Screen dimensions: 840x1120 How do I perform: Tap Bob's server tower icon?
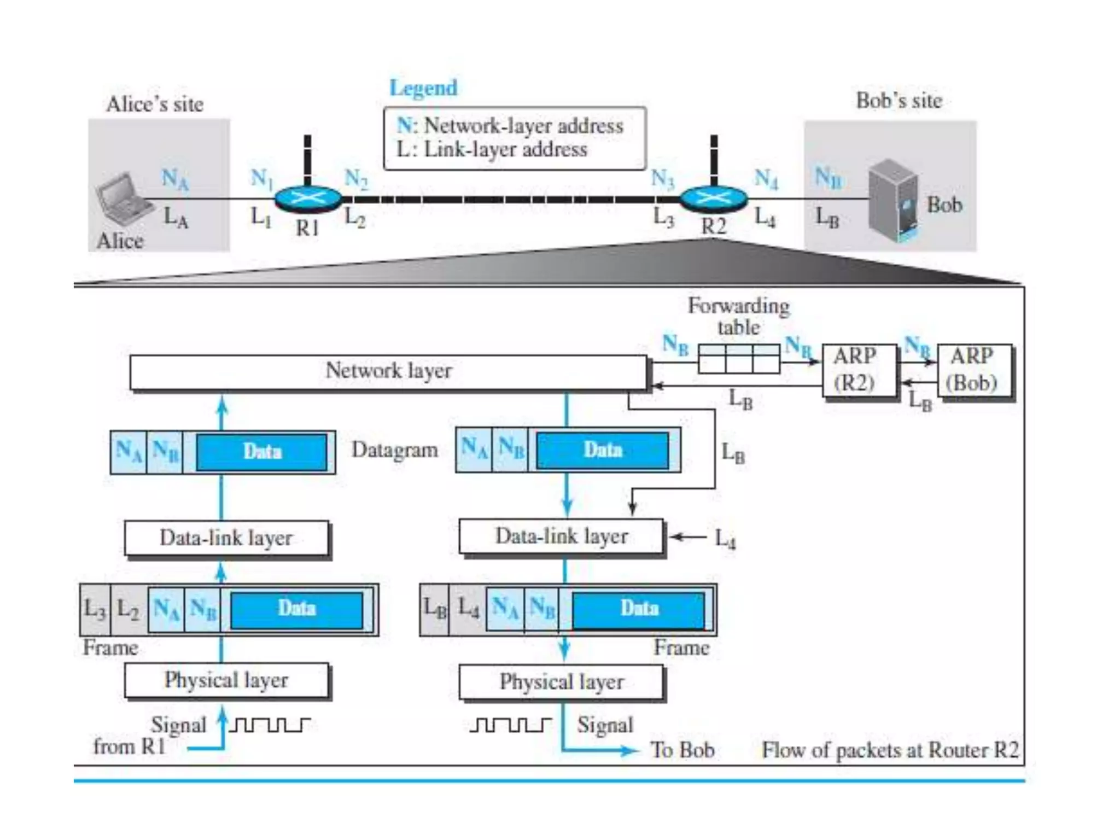(x=893, y=201)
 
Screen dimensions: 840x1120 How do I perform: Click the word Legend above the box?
(x=423, y=88)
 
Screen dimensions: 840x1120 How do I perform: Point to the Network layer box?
(x=388, y=371)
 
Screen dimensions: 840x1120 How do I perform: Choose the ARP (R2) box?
(x=858, y=370)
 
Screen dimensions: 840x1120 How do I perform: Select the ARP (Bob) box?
(x=975, y=370)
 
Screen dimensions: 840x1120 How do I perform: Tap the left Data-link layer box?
(x=226, y=538)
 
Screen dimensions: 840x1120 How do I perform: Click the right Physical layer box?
(x=561, y=682)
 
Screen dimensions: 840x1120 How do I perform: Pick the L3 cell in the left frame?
(x=95, y=609)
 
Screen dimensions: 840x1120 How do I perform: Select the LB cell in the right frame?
(x=435, y=609)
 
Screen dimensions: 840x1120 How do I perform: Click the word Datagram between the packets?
(x=395, y=451)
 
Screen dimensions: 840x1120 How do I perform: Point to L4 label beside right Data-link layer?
(x=725, y=539)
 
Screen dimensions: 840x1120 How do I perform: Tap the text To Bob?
(x=682, y=750)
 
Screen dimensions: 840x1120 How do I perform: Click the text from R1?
(x=129, y=746)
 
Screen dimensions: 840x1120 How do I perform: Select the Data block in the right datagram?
(x=603, y=451)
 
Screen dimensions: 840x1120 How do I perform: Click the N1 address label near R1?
(x=261, y=178)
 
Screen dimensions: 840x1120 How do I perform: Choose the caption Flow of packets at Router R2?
(x=890, y=750)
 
